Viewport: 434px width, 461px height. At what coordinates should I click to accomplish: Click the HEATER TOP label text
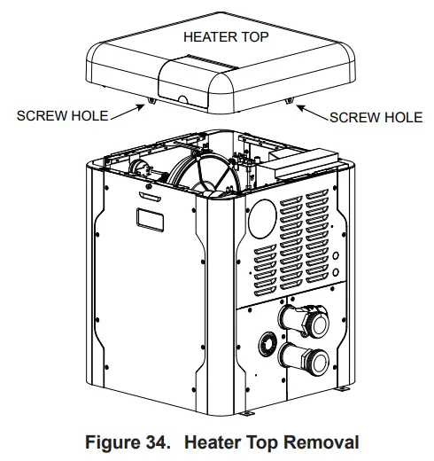click(x=225, y=36)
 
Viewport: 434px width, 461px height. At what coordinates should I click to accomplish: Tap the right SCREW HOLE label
click(x=376, y=117)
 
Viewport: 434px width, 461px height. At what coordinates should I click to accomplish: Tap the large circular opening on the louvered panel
click(x=262, y=214)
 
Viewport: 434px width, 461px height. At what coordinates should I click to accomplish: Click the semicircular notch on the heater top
click(x=183, y=100)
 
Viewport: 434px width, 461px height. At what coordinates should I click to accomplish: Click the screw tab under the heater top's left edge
click(x=151, y=101)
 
